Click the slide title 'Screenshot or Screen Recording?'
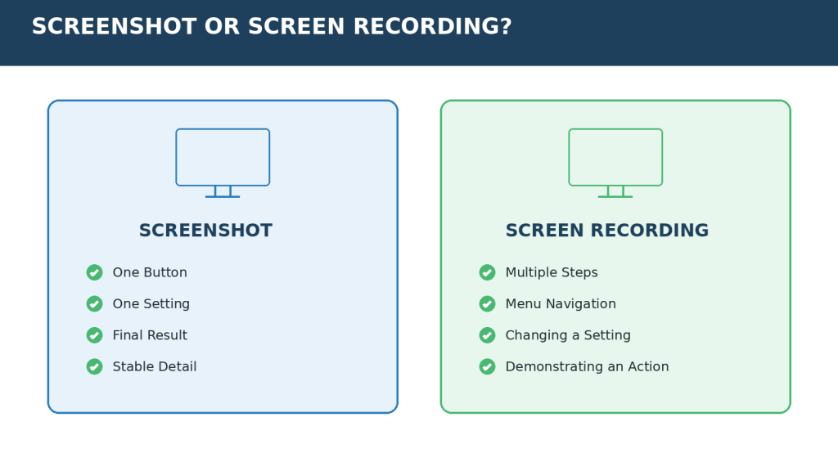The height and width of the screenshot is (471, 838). [272, 26]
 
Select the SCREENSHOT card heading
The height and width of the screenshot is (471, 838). [205, 230]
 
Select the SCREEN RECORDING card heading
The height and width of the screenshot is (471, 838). [607, 230]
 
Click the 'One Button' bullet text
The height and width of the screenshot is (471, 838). [150, 272]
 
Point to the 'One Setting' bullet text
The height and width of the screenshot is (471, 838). [151, 304]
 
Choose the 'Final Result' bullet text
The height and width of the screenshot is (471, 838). [150, 335]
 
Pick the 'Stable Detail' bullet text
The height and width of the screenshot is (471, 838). [155, 367]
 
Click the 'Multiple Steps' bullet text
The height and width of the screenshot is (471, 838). [552, 272]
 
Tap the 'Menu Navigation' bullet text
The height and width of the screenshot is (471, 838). [561, 304]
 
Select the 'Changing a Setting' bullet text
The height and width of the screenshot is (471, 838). [568, 335]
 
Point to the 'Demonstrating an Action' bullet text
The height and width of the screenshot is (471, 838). [588, 367]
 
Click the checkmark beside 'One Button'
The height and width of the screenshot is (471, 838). [95, 272]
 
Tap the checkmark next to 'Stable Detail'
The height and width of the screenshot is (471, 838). [95, 367]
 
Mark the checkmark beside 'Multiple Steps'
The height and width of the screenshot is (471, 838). [488, 272]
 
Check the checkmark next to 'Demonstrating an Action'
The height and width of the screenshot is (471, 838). [488, 367]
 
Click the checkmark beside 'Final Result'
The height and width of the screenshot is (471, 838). [95, 335]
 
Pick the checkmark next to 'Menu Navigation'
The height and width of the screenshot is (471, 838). [488, 304]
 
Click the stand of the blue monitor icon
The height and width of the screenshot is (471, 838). [223, 196]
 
